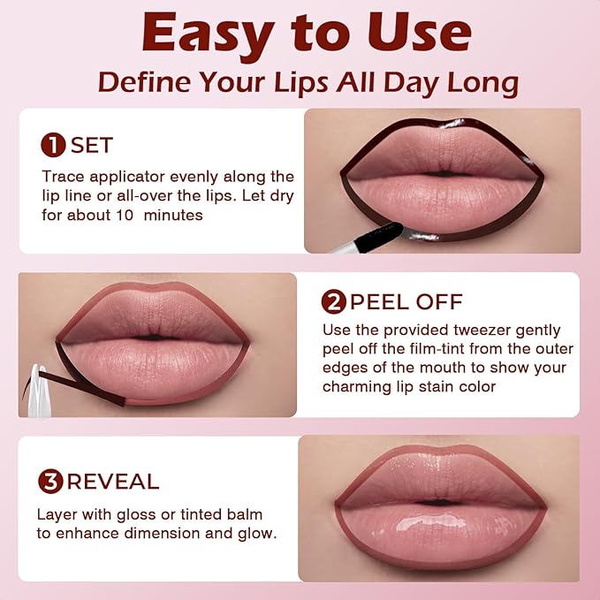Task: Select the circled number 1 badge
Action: pyautogui.click(x=53, y=145)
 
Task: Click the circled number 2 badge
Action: pyautogui.click(x=333, y=303)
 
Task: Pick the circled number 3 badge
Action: pyautogui.click(x=50, y=482)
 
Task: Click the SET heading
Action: pyautogui.click(x=92, y=145)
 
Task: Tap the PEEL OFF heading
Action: pyautogui.click(x=406, y=303)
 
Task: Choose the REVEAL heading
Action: pyautogui.click(x=113, y=482)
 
